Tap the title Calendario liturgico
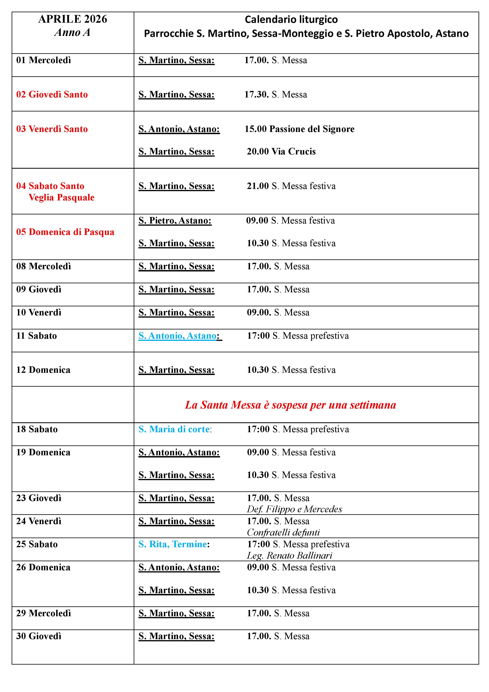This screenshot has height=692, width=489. (291, 20)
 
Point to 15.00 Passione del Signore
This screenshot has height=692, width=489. (300, 129)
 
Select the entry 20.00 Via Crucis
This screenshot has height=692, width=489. (281, 151)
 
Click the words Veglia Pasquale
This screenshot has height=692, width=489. (62, 197)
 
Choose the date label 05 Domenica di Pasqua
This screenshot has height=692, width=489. (65, 232)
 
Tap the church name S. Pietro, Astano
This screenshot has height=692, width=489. (175, 221)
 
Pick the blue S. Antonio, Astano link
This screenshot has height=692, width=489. (177, 336)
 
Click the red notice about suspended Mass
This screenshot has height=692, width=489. (290, 405)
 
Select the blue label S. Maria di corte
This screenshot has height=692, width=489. (174, 429)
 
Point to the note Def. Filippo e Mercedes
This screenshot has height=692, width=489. (294, 509)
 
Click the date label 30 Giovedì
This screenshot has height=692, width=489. (39, 636)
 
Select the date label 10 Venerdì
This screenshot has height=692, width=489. (39, 312)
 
